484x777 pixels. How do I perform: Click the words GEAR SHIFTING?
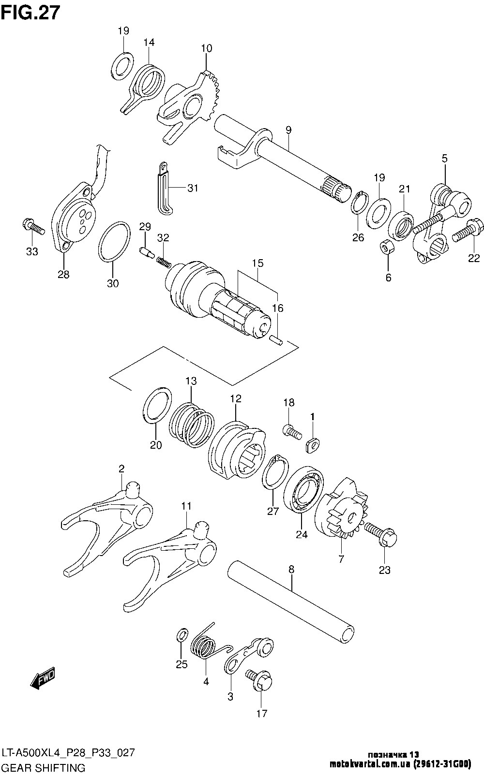[44, 767]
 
